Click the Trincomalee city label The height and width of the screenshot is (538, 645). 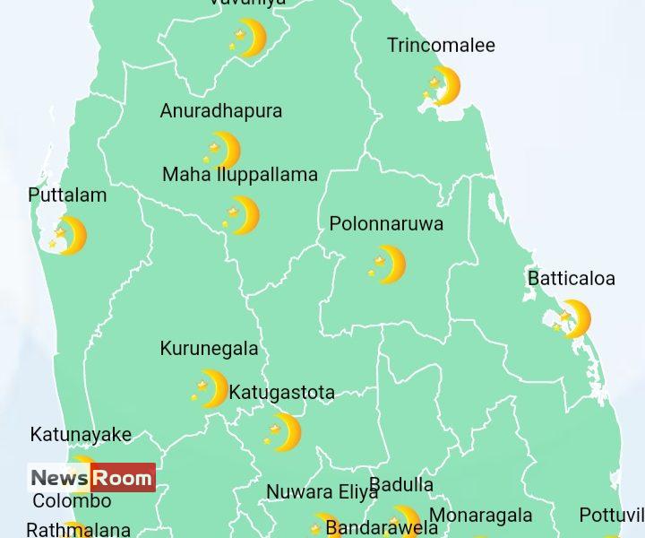coord(441,46)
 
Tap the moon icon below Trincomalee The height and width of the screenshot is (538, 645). coord(441,86)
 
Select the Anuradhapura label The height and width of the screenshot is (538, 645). coord(221,111)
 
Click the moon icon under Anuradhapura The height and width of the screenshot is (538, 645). coord(222,151)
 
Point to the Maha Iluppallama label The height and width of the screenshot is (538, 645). coord(240,175)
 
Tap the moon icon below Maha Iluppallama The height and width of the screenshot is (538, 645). coord(242,215)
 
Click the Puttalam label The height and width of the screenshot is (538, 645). coord(67,195)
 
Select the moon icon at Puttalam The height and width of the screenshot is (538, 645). coord(69,236)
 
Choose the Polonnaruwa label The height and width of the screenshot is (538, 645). coord(386,224)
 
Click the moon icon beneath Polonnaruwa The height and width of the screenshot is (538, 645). coord(387,265)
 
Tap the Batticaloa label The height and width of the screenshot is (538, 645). coord(572,279)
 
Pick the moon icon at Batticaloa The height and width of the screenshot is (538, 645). coord(572,319)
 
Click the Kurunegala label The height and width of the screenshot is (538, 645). coord(209,349)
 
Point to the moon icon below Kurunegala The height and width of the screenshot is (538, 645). coord(211,389)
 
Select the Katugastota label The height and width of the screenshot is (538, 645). coord(282,393)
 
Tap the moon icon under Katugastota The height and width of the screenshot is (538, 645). coord(284,432)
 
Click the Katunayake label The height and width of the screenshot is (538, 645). coord(81,435)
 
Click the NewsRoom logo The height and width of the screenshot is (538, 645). coord(91,478)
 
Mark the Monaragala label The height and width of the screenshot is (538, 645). coord(481,516)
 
